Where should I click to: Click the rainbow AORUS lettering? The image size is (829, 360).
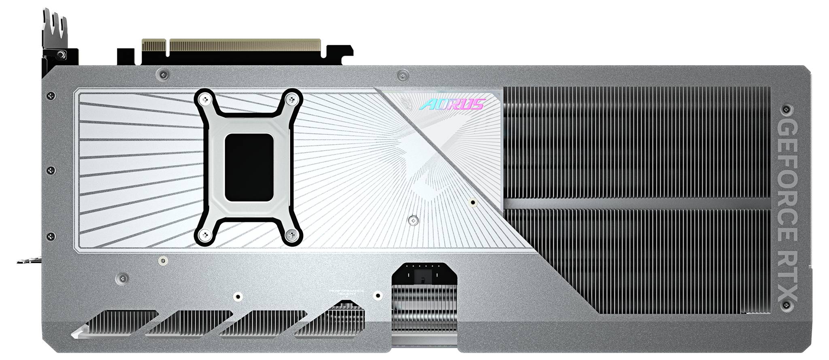point(452,104)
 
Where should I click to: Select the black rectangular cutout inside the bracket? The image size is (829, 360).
point(249,167)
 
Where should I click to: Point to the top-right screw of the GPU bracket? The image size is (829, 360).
point(291,98)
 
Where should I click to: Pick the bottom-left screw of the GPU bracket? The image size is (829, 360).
point(205,234)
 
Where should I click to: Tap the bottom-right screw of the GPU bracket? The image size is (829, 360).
point(291,234)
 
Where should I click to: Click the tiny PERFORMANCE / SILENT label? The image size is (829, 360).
point(346,292)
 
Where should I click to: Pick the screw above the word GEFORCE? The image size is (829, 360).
point(786,109)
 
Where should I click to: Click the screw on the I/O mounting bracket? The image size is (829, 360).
point(61,54)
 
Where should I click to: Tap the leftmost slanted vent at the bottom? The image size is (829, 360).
point(115,323)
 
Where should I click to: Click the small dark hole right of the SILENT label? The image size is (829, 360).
point(378,296)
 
